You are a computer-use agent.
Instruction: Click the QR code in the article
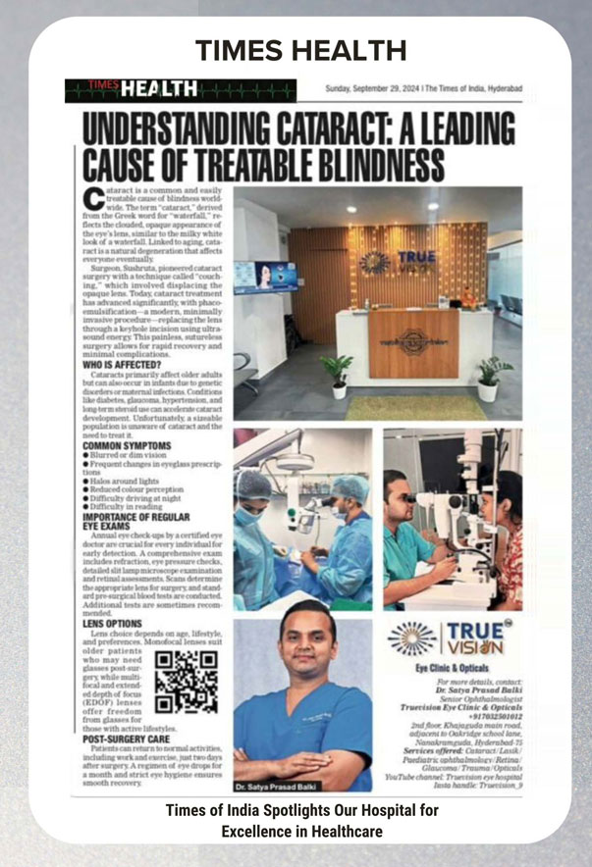187,681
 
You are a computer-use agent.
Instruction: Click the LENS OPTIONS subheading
110,622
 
